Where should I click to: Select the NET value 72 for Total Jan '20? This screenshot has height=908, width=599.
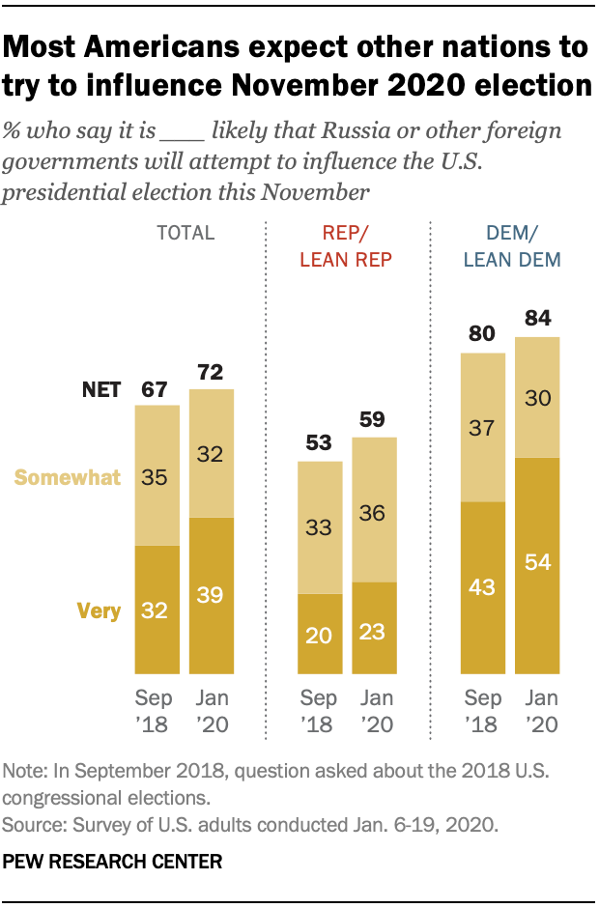tap(211, 372)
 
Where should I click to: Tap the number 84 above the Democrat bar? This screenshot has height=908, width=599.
tap(537, 319)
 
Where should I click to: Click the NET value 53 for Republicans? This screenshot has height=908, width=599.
tap(320, 444)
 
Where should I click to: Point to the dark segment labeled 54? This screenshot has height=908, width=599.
tap(537, 563)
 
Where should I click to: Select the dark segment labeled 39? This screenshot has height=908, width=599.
tap(211, 594)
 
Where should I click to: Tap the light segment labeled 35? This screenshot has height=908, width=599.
tap(157, 475)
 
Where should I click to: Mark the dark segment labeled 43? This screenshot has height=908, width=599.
tap(483, 587)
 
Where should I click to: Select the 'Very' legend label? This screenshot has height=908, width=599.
tap(100, 610)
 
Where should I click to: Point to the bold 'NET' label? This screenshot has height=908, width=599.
tap(100, 389)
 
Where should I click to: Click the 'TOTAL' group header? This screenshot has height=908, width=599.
tap(185, 233)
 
